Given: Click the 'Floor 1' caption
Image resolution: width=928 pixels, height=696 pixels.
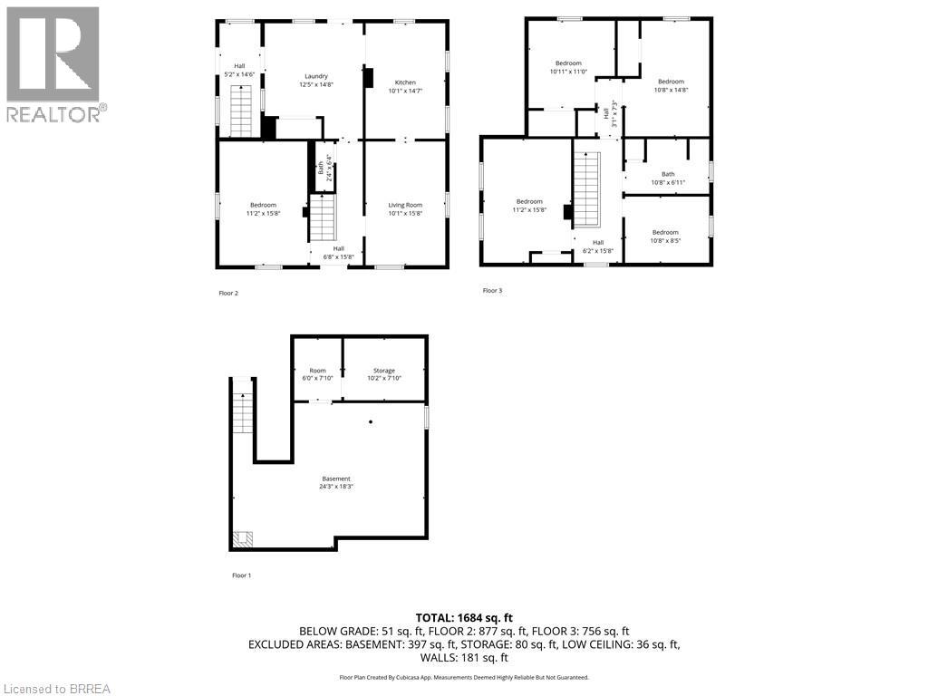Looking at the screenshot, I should pyautogui.click(x=241, y=575).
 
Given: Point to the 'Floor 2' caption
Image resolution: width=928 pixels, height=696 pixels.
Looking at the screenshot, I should pyautogui.click(x=228, y=293).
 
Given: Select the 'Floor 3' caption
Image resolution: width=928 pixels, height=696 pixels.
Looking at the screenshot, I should pyautogui.click(x=491, y=290).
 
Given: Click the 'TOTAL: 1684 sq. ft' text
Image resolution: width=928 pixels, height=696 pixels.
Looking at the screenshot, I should pyautogui.click(x=464, y=617).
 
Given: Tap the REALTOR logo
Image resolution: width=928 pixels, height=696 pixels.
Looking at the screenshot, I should pyautogui.click(x=54, y=63).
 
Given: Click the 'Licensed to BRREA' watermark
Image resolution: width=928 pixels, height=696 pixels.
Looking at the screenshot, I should pyautogui.click(x=56, y=688).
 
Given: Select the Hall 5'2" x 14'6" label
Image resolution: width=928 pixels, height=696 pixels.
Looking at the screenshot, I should pyautogui.click(x=239, y=69).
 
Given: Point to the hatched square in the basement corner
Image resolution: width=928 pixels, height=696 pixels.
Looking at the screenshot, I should pyautogui.click(x=243, y=539).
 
